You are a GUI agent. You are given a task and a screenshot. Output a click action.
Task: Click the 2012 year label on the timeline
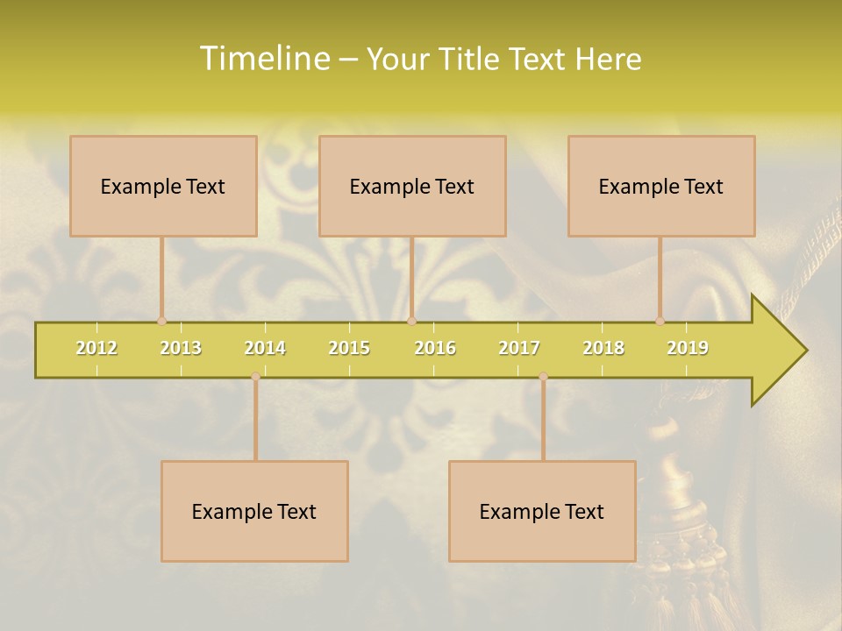[x=96, y=348]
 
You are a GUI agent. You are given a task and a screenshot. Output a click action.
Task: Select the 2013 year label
[x=181, y=348]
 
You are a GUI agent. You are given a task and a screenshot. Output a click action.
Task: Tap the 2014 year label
[x=265, y=348]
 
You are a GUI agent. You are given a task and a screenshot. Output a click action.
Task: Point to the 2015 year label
[x=349, y=348]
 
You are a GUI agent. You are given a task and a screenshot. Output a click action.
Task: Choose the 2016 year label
[x=435, y=348]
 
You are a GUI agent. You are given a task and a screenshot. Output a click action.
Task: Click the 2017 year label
[x=519, y=348]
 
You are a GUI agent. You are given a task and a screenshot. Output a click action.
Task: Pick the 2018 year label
[x=603, y=348]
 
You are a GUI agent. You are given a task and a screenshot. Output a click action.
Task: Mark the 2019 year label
[x=688, y=348]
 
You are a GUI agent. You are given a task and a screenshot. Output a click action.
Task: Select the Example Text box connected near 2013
[x=163, y=186]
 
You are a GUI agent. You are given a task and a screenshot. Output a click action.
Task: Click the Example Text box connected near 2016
[x=412, y=186]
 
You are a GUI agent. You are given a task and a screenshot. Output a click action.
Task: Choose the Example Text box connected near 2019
[x=661, y=186]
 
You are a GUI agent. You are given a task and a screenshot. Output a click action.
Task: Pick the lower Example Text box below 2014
[x=254, y=511]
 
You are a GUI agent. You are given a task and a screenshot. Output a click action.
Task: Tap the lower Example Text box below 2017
[x=542, y=511]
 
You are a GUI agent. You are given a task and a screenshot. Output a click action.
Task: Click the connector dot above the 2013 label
[x=161, y=321]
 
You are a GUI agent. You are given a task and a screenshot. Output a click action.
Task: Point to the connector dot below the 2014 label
[x=255, y=377]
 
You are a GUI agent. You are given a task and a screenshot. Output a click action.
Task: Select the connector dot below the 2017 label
[x=543, y=377]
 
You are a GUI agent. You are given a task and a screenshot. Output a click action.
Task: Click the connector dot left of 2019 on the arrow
[x=660, y=321]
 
